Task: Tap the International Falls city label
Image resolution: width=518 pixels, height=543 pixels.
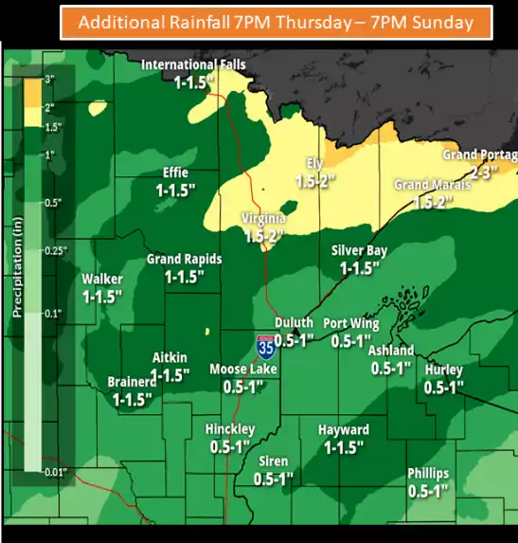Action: click(x=193, y=65)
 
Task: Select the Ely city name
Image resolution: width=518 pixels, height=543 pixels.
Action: click(x=314, y=163)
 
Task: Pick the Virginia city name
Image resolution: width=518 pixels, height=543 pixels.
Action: click(x=263, y=218)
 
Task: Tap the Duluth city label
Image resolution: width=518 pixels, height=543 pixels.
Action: click(x=294, y=323)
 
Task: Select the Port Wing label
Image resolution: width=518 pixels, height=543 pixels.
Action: click(x=351, y=324)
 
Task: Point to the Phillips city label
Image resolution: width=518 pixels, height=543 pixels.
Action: click(x=428, y=474)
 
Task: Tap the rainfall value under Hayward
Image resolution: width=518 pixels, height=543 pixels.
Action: click(x=343, y=447)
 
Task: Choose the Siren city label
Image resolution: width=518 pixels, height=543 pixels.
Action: click(x=274, y=462)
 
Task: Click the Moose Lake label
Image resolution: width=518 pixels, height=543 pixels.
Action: click(x=241, y=370)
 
